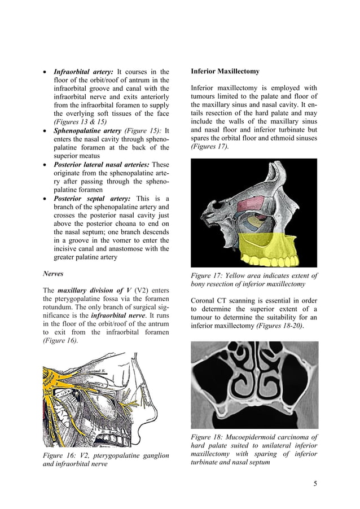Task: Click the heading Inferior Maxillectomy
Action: point(225,72)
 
